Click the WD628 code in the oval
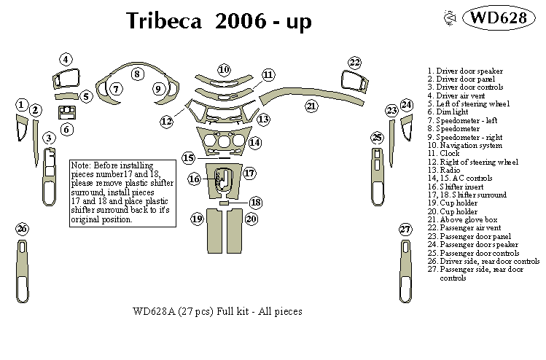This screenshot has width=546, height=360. [495, 18]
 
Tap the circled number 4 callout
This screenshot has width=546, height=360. [66, 60]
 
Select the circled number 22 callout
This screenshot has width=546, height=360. [354, 62]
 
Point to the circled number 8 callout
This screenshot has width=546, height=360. [136, 74]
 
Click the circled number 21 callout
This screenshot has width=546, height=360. [311, 106]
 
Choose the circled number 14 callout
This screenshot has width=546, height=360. [254, 143]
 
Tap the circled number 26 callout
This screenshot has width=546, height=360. [22, 229]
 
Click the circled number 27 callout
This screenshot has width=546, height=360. [405, 229]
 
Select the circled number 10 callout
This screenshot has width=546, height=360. [224, 69]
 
